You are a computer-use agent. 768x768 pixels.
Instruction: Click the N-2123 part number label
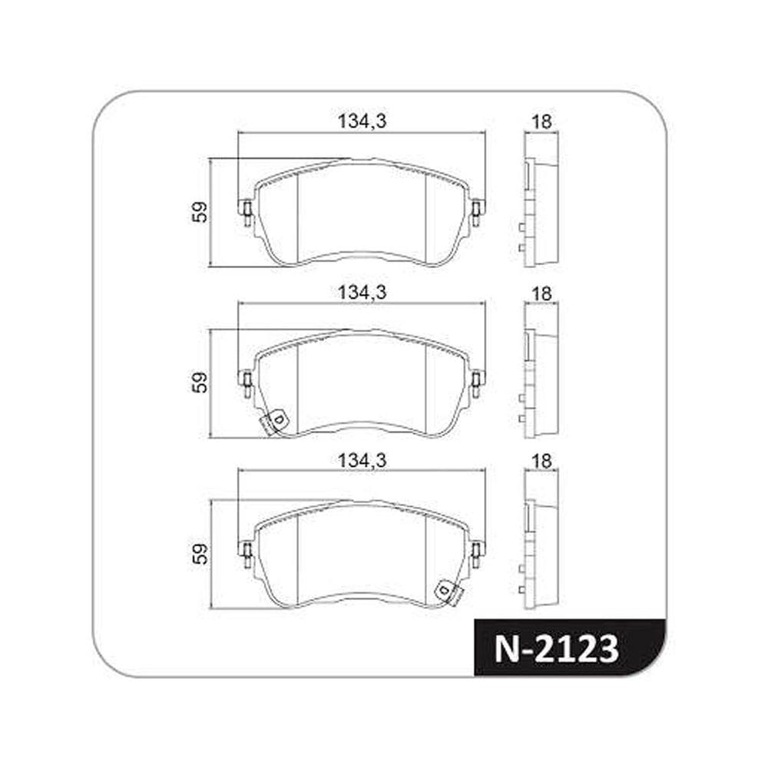click(x=556, y=649)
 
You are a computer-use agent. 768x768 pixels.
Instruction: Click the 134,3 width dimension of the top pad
click(x=362, y=121)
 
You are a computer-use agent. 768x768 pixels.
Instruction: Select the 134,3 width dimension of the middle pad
click(x=362, y=293)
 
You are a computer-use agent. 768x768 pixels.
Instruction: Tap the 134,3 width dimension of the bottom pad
click(x=362, y=460)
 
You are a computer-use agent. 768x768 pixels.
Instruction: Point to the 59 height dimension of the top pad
click(x=200, y=213)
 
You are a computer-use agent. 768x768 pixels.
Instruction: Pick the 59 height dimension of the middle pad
click(x=200, y=382)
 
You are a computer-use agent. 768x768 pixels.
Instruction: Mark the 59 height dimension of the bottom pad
click(x=200, y=554)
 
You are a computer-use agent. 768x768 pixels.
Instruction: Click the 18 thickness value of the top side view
click(x=541, y=121)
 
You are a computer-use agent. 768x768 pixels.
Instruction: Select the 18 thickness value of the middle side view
click(x=541, y=294)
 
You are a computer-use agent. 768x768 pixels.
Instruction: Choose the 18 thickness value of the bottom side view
click(x=541, y=462)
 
